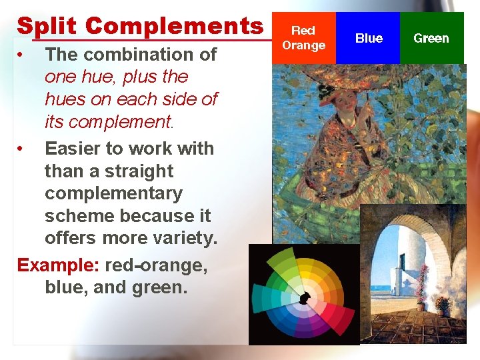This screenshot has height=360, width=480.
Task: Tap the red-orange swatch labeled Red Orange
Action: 303,38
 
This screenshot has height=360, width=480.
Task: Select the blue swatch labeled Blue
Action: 369,38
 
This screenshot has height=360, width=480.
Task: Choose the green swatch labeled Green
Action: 431,38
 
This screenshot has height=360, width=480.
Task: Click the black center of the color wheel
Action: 304,298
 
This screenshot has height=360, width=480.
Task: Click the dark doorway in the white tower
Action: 401,261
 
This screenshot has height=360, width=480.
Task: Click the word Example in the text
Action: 57,265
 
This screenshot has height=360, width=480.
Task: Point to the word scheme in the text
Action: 79,216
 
